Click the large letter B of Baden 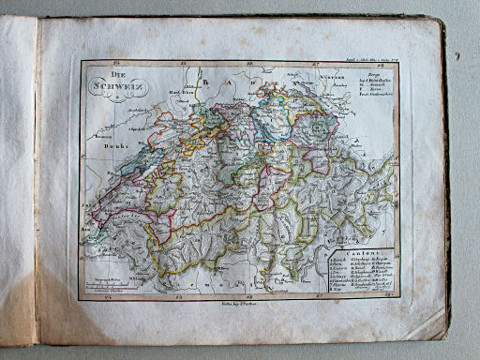coord(224,84)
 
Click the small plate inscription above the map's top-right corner coord(374,58)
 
